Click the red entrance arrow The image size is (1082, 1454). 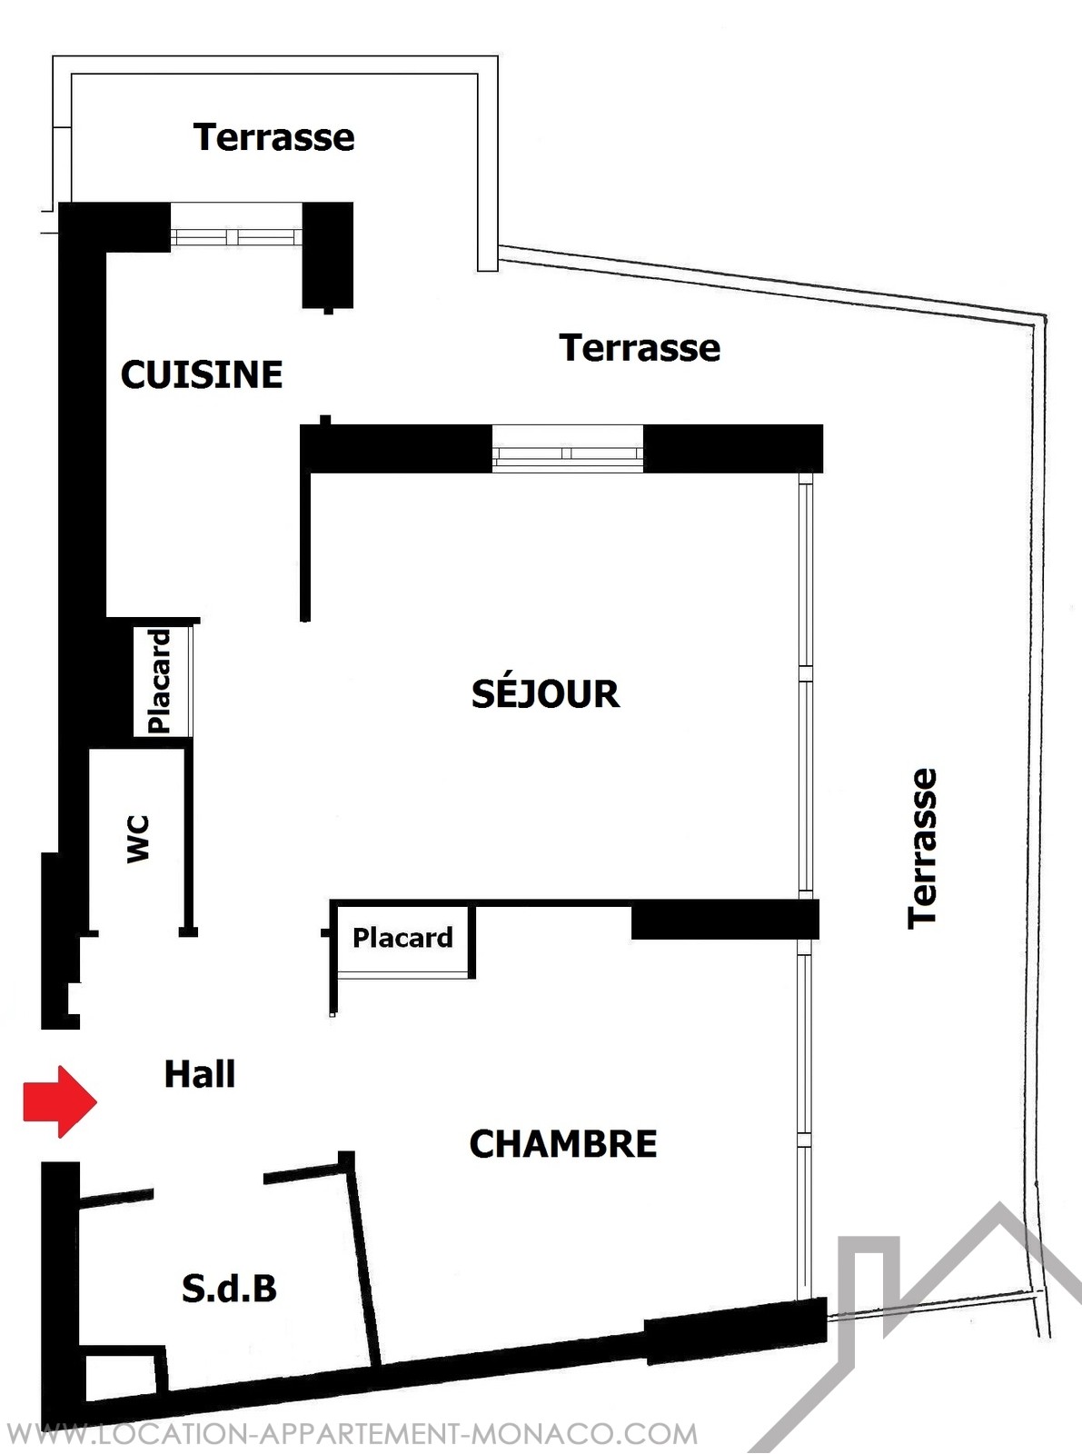point(60,1101)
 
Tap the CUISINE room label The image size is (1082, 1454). point(202,374)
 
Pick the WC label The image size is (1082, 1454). point(138,839)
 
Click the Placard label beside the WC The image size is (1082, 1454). point(160,682)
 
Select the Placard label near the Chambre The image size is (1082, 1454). point(402,938)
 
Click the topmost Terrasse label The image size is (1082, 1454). point(274,137)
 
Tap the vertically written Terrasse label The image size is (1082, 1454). point(922,849)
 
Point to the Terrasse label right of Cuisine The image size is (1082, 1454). point(640,347)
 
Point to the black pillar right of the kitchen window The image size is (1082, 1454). point(328,255)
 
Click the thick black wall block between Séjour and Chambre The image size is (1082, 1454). point(726,919)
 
